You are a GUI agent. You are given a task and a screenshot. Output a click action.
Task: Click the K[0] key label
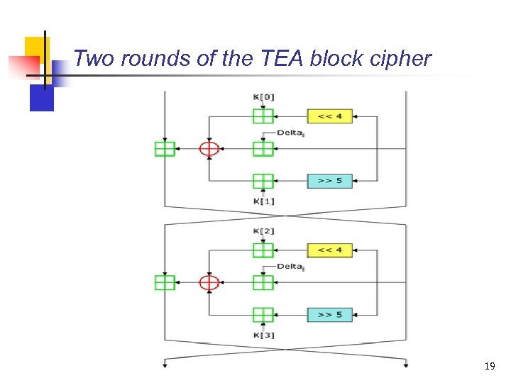click(263, 96)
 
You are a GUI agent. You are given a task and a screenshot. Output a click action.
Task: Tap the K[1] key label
click(263, 201)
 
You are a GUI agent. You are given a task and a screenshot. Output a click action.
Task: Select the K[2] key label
click(263, 231)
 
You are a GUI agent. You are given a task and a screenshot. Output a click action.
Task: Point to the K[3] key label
click(263, 335)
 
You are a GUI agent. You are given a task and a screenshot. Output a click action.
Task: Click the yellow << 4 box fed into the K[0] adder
click(329, 116)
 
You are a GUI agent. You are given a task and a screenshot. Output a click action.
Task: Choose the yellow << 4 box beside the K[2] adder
click(329, 250)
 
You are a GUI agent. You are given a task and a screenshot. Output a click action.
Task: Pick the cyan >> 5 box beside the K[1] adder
click(329, 181)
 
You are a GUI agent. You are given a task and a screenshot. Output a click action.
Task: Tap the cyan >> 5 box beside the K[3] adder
click(329, 315)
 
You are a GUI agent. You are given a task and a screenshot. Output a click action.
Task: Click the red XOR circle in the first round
click(209, 148)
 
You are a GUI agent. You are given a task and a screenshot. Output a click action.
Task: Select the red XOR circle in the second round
click(209, 282)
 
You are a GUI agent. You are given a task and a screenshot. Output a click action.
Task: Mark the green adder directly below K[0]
click(263, 116)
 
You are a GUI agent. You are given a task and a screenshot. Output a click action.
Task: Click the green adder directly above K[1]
click(263, 181)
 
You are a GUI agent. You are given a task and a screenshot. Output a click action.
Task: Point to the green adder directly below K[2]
click(263, 250)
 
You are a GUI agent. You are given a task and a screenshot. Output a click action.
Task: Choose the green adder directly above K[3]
click(263, 315)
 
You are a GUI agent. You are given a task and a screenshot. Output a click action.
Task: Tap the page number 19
click(489, 366)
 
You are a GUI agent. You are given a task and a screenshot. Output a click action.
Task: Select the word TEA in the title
click(280, 58)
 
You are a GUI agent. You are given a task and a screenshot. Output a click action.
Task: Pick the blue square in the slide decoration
click(41, 98)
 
